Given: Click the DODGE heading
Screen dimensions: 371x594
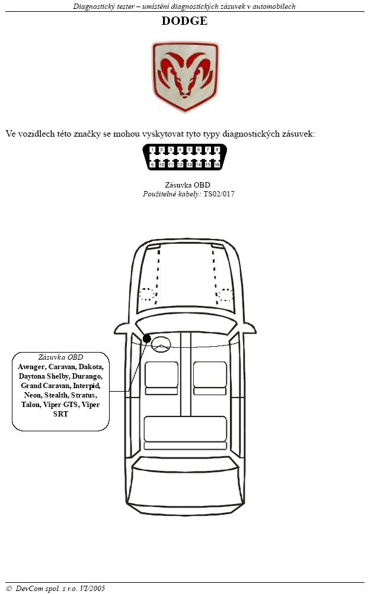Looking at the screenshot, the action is (x=184, y=21).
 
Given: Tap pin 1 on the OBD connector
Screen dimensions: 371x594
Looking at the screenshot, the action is (x=152, y=150).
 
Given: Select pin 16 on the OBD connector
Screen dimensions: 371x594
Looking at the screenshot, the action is (x=217, y=164).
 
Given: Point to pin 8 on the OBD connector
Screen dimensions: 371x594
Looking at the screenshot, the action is (x=217, y=150).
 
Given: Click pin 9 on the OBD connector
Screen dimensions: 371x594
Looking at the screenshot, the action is (x=152, y=164).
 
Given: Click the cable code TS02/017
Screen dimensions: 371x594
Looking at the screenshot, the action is (x=219, y=194).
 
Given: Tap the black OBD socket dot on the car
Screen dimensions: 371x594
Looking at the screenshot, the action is (x=147, y=338).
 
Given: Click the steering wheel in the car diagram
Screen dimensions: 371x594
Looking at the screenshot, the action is (x=161, y=344).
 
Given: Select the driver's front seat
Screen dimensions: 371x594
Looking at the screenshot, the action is (x=161, y=378).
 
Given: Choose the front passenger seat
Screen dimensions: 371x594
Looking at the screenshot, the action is (x=210, y=378).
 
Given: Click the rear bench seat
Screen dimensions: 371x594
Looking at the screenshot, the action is (x=185, y=432).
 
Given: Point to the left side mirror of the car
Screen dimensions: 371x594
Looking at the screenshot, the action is (x=121, y=328).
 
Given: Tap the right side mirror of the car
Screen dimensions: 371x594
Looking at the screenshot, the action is (x=249, y=328).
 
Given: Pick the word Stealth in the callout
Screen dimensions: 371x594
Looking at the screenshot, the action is (x=56, y=395).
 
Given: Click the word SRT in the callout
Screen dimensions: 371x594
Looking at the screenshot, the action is (x=60, y=414).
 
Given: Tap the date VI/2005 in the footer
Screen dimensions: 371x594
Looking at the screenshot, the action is (x=92, y=588).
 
